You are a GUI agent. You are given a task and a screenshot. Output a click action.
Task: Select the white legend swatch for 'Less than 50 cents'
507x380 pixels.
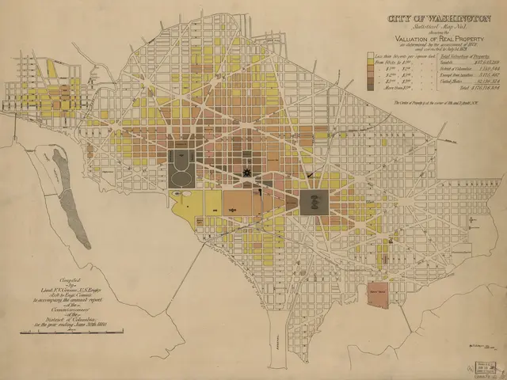point(370,57)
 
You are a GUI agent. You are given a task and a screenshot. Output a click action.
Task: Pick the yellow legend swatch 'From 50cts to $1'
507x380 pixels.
point(370,63)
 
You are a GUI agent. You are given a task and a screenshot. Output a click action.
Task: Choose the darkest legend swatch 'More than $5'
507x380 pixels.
point(370,89)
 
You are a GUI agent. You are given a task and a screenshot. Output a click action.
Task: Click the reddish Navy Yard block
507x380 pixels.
point(379,292)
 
